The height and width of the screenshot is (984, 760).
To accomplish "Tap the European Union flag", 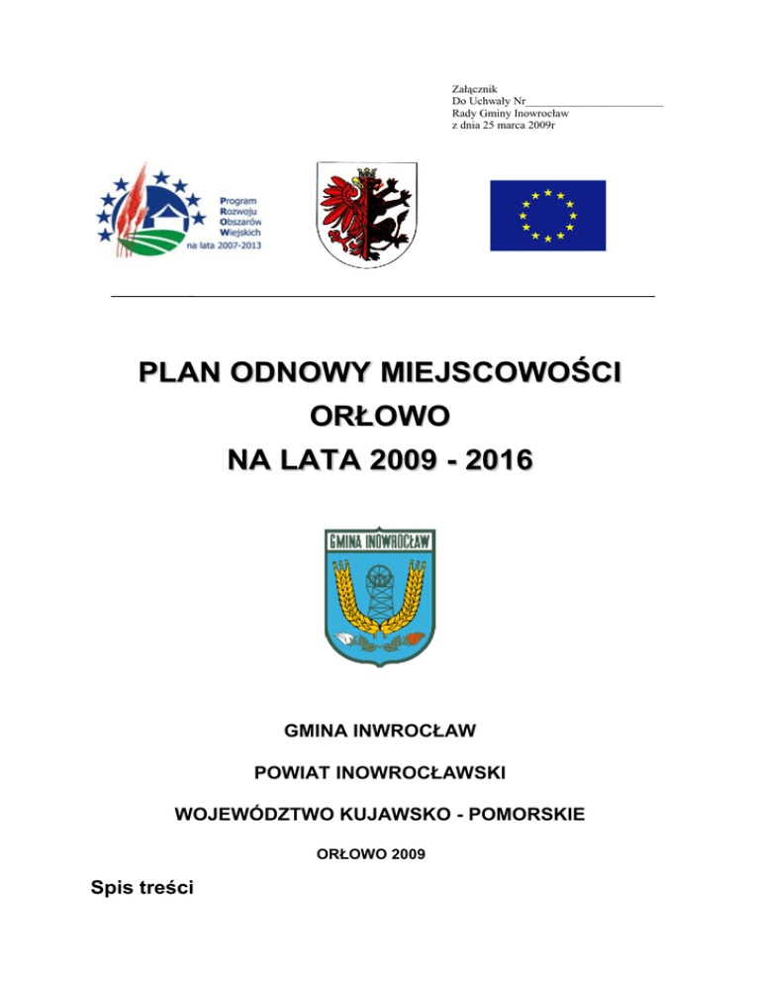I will pyautogui.click(x=547, y=215).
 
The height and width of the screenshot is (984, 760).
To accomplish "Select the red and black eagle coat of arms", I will pyautogui.click(x=367, y=214).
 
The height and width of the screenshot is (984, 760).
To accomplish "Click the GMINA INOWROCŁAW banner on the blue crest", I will pyautogui.click(x=380, y=541).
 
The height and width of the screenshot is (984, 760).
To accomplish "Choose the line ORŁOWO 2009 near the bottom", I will pyautogui.click(x=379, y=851).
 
